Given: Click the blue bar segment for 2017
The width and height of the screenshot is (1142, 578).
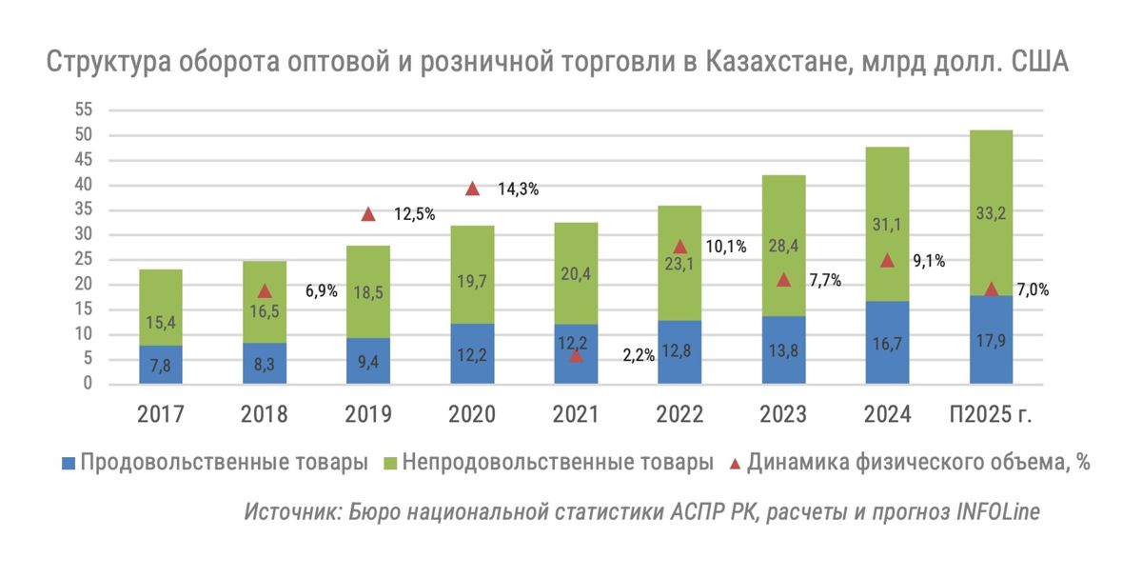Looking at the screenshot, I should click(x=160, y=365).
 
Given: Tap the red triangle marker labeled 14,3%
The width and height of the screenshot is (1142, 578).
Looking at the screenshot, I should click(x=472, y=189).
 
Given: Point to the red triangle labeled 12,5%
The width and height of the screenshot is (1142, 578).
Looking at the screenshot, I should click(x=368, y=214).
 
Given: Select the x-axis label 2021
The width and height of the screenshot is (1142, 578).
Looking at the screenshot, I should click(x=576, y=414).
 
